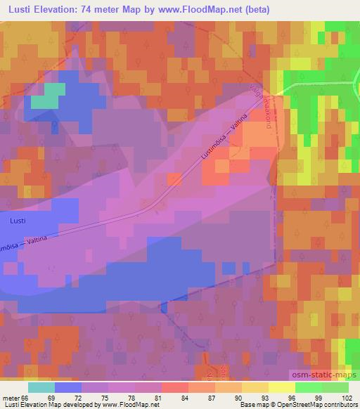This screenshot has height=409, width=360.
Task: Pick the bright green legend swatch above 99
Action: pos(309,387)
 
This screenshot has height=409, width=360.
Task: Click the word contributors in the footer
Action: pos(341,405)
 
